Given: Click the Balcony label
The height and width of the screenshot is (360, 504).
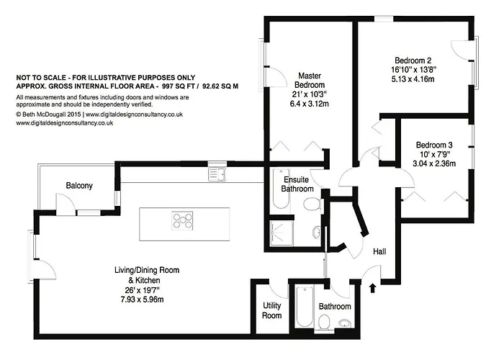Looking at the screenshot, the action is [x=79, y=186].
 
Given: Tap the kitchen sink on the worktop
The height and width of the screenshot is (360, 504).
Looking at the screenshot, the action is [x=217, y=174].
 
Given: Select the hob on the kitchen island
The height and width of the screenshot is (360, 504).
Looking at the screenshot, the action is [x=182, y=220].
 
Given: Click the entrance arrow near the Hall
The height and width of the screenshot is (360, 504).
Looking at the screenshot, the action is [x=372, y=288].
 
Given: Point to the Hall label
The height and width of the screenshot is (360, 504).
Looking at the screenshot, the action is [x=379, y=252].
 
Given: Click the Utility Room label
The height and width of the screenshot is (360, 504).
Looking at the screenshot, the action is [x=272, y=310].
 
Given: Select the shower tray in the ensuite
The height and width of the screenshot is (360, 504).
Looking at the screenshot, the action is [x=282, y=233].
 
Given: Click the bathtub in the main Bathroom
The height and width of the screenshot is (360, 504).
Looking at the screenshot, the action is [x=305, y=307].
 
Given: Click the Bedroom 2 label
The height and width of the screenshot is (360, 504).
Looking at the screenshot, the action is [x=413, y=60].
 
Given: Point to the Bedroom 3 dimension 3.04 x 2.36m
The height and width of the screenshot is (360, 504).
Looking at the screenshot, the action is [x=434, y=163].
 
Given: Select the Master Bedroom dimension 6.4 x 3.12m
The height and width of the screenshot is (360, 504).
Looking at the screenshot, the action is [x=309, y=104].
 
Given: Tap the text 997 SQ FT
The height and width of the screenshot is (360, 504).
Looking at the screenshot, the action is [x=176, y=86].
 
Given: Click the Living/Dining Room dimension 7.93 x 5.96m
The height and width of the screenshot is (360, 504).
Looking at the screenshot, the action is [x=142, y=300].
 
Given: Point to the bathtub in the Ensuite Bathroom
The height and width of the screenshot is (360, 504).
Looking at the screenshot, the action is [x=281, y=189].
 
